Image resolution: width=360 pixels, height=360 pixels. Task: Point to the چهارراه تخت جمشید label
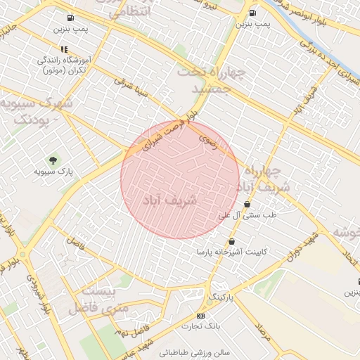210,80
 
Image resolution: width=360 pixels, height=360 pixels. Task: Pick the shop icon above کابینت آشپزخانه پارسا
232,241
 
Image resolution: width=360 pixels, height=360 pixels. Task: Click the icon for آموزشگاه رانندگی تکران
63,49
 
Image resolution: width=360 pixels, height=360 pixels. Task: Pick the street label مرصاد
263,330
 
